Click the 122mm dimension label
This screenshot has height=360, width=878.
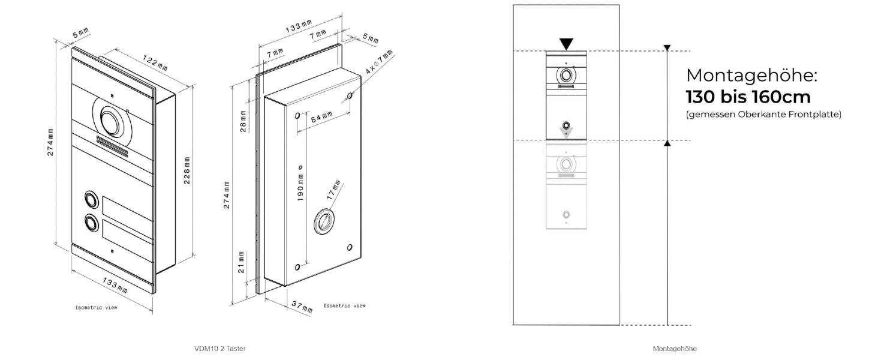[154, 62]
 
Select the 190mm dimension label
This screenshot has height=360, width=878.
[300, 188]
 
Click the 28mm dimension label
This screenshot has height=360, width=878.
[243, 121]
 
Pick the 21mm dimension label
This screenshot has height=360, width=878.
[242, 262]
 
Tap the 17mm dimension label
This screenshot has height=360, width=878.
[333, 191]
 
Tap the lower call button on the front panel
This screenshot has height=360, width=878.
[91, 223]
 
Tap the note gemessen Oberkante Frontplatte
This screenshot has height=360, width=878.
[763, 114]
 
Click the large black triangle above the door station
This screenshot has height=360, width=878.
[566, 44]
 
